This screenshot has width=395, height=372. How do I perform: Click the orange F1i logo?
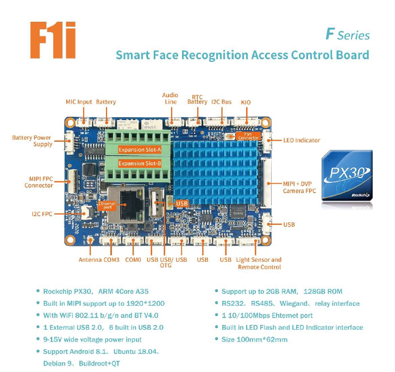pyautogui.click(x=53, y=40)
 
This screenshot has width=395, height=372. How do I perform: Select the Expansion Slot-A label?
pyautogui.click(x=140, y=149)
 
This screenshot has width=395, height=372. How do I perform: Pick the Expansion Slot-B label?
pyautogui.click(x=140, y=163)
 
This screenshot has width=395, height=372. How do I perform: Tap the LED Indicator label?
pyautogui.click(x=302, y=140)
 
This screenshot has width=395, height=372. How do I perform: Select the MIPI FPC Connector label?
pyautogui.click(x=39, y=181)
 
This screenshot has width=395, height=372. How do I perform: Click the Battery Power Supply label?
pyautogui.click(x=32, y=141)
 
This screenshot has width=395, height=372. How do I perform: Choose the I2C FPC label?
pyautogui.click(x=41, y=214)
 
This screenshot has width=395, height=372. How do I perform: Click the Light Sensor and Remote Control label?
pyautogui.click(x=259, y=263)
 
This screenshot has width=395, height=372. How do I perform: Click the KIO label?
pyautogui.click(x=246, y=102)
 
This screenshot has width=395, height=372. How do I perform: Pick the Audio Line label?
pyautogui.click(x=170, y=98)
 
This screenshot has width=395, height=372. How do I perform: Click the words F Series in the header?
pyautogui.click(x=348, y=35)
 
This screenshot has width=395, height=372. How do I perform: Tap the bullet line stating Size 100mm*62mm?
pyautogui.click(x=254, y=339)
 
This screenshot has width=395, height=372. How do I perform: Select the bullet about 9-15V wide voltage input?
pyautogui.click(x=92, y=339)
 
